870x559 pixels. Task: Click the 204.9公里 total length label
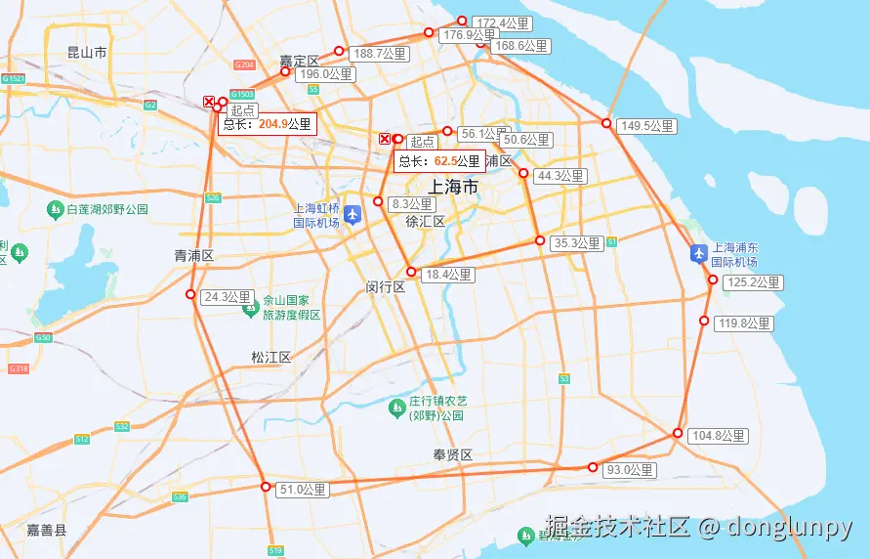pyautogui.click(x=268, y=124)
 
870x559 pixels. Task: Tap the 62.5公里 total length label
pyautogui.click(x=439, y=161)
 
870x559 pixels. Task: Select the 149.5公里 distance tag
pyautogui.click(x=648, y=126)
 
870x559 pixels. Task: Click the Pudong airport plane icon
pyautogui.click(x=698, y=254)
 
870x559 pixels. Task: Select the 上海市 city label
pyautogui.click(x=454, y=187)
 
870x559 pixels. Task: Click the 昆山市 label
pyautogui.click(x=87, y=53)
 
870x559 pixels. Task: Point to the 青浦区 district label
pyautogui.click(x=193, y=256)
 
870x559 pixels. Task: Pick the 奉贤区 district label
pyautogui.click(x=453, y=455)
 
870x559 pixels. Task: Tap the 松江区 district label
pyautogui.click(x=270, y=358)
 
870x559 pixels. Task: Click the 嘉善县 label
pyautogui.click(x=47, y=530)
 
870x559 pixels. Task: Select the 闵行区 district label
pyautogui.click(x=386, y=287)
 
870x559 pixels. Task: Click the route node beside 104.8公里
pyautogui.click(x=678, y=433)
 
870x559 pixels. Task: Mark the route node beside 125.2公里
pyautogui.click(x=713, y=280)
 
